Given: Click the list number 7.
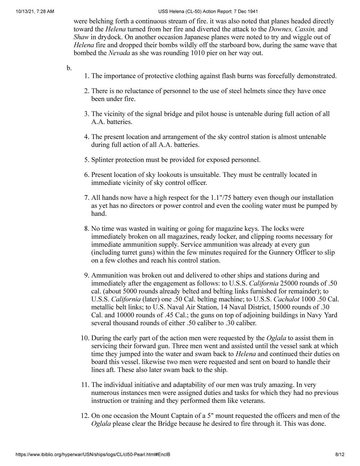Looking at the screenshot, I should tap(86, 198).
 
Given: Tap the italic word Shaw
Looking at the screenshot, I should tap(81, 37).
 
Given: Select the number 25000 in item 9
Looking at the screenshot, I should tap(290, 283).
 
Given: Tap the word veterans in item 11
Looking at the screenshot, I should tap(252, 401).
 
